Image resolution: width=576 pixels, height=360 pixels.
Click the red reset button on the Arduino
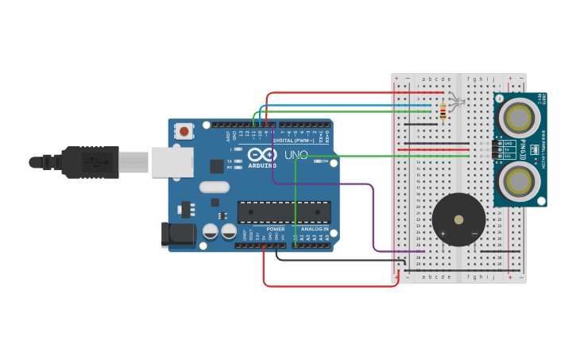(x=184, y=131)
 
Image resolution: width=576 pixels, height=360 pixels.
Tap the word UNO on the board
(x=296, y=155)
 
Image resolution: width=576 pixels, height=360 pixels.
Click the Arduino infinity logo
(x=261, y=154)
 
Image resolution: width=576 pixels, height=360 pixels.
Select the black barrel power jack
(x=178, y=234)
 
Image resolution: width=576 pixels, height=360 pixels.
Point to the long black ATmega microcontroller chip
(x=284, y=212)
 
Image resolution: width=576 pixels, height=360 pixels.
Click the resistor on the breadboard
(x=443, y=112)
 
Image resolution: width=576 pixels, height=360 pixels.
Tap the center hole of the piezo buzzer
(x=458, y=219)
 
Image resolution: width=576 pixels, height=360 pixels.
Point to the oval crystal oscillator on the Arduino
(x=214, y=188)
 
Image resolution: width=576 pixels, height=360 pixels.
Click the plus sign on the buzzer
(x=443, y=233)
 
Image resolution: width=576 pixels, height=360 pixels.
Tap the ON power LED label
(x=325, y=161)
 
